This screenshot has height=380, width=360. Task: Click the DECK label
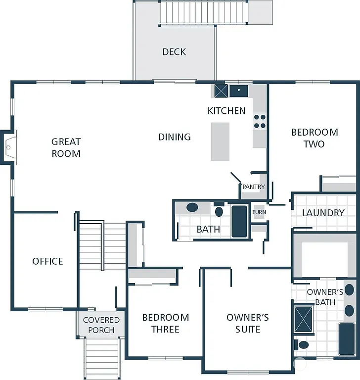click(174, 52)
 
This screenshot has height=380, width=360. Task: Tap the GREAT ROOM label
click(66, 147)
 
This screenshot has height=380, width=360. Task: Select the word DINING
click(174, 137)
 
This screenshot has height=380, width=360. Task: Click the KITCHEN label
click(226, 111)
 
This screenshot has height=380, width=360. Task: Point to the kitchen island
click(220, 142)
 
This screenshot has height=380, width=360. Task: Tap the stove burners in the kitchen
click(260, 122)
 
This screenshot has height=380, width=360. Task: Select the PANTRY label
click(254, 187)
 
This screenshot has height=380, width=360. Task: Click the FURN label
click(259, 212)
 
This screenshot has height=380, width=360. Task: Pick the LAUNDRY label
click(323, 213)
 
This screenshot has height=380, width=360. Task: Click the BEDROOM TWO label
click(315, 138)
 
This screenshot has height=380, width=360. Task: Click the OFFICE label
click(47, 261)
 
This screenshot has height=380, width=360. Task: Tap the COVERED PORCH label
click(101, 325)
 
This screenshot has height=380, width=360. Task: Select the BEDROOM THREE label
click(165, 323)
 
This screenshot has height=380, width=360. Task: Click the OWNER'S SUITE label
click(247, 323)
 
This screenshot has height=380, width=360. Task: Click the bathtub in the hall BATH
click(239, 221)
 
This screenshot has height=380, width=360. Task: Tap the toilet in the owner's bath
click(302, 344)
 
